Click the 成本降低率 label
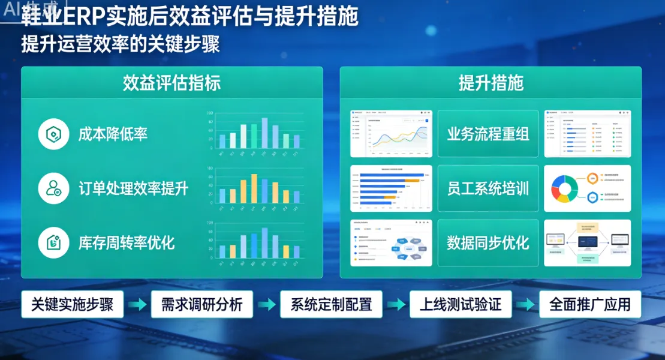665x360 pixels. tap(113, 134)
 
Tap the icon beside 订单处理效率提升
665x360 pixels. tap(53, 188)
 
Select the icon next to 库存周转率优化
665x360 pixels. tap(53, 242)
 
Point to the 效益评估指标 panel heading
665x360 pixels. tap(171, 83)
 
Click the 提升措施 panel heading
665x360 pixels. tap(491, 83)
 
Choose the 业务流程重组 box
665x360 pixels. tap(488, 134)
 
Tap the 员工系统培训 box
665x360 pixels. tap(488, 188)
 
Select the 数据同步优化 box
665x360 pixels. tap(488, 242)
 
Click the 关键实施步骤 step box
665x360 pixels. tap(72, 304)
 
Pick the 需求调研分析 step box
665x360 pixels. tap(201, 304)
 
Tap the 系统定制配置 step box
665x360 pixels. tap(331, 304)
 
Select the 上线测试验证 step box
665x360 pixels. tap(461, 304)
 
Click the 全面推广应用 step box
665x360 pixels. tap(590, 304)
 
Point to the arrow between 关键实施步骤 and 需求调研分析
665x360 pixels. tap(137, 305)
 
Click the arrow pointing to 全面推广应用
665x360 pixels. tap(526, 305)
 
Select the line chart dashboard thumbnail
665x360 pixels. tap(391, 134)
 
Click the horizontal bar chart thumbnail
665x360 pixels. tap(391, 188)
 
